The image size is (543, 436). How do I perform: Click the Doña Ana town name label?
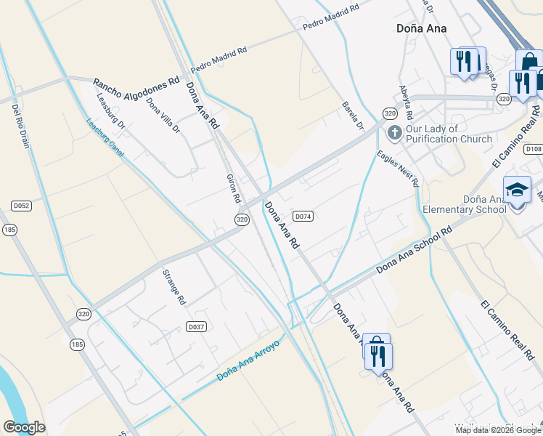421,28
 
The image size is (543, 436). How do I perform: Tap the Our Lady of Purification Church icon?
395,132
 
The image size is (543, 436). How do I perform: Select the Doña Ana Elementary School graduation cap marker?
517,190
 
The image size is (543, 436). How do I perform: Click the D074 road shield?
303,216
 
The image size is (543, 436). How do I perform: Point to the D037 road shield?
196,327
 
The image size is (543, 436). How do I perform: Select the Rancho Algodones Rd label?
136,81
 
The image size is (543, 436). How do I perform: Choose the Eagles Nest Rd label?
398,169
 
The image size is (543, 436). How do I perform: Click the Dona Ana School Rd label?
414,250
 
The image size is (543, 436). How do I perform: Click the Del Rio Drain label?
20,126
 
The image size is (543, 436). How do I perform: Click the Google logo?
24,427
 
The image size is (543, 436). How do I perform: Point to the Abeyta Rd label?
405,102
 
